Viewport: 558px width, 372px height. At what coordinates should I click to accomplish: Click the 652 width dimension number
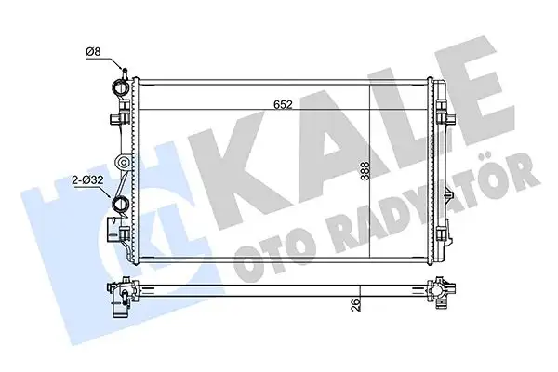pos(284,105)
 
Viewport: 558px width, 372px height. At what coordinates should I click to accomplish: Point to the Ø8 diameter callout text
pos(93,52)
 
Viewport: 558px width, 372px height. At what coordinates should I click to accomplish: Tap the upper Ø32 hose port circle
pos(118,90)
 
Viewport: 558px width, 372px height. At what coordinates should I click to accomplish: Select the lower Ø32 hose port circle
pos(120,206)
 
